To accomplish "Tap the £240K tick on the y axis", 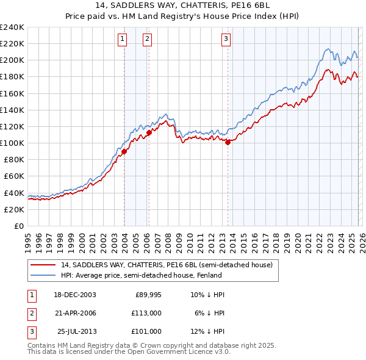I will pyautogui.click(x=12, y=27).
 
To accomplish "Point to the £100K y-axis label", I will pyautogui.click(x=12, y=143).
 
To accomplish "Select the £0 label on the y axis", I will pyautogui.click(x=20, y=226).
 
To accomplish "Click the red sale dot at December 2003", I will pyautogui.click(x=124, y=151).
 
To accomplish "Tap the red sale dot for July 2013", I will pyautogui.click(x=228, y=142).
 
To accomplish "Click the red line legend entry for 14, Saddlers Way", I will pyautogui.click(x=170, y=265).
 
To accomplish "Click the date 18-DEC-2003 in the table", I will pyautogui.click(x=74, y=295).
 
